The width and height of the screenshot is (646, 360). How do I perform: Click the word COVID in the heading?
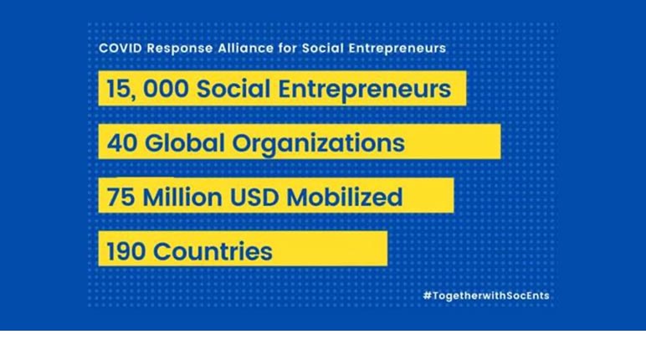click(x=120, y=49)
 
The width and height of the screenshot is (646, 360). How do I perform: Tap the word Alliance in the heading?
click(x=245, y=49)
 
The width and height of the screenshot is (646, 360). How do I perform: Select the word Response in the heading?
click(x=180, y=49)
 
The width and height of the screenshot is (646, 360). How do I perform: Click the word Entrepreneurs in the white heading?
click(x=397, y=49)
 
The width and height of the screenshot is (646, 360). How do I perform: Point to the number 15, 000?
click(x=147, y=89)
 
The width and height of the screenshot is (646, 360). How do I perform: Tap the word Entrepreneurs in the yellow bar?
click(x=365, y=90)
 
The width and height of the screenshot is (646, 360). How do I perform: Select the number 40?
click(x=122, y=143)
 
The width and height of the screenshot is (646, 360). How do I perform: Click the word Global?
click(x=185, y=142)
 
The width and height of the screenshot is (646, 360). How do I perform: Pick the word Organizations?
click(x=319, y=144)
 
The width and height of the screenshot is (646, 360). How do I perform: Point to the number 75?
click(x=120, y=197)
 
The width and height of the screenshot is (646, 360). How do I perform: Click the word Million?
click(x=182, y=196)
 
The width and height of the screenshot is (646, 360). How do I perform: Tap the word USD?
click(x=254, y=197)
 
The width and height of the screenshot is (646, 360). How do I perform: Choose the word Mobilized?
click(x=345, y=196)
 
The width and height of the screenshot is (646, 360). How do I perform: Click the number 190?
click(x=126, y=251)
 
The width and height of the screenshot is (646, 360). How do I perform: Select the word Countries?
click(x=213, y=251)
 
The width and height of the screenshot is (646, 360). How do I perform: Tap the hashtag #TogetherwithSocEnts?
click(x=486, y=296)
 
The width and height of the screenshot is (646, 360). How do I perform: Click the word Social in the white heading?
click(x=323, y=49)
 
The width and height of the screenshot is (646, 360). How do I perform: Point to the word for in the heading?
click(x=288, y=49)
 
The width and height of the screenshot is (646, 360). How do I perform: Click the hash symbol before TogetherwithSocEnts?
click(x=428, y=296)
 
